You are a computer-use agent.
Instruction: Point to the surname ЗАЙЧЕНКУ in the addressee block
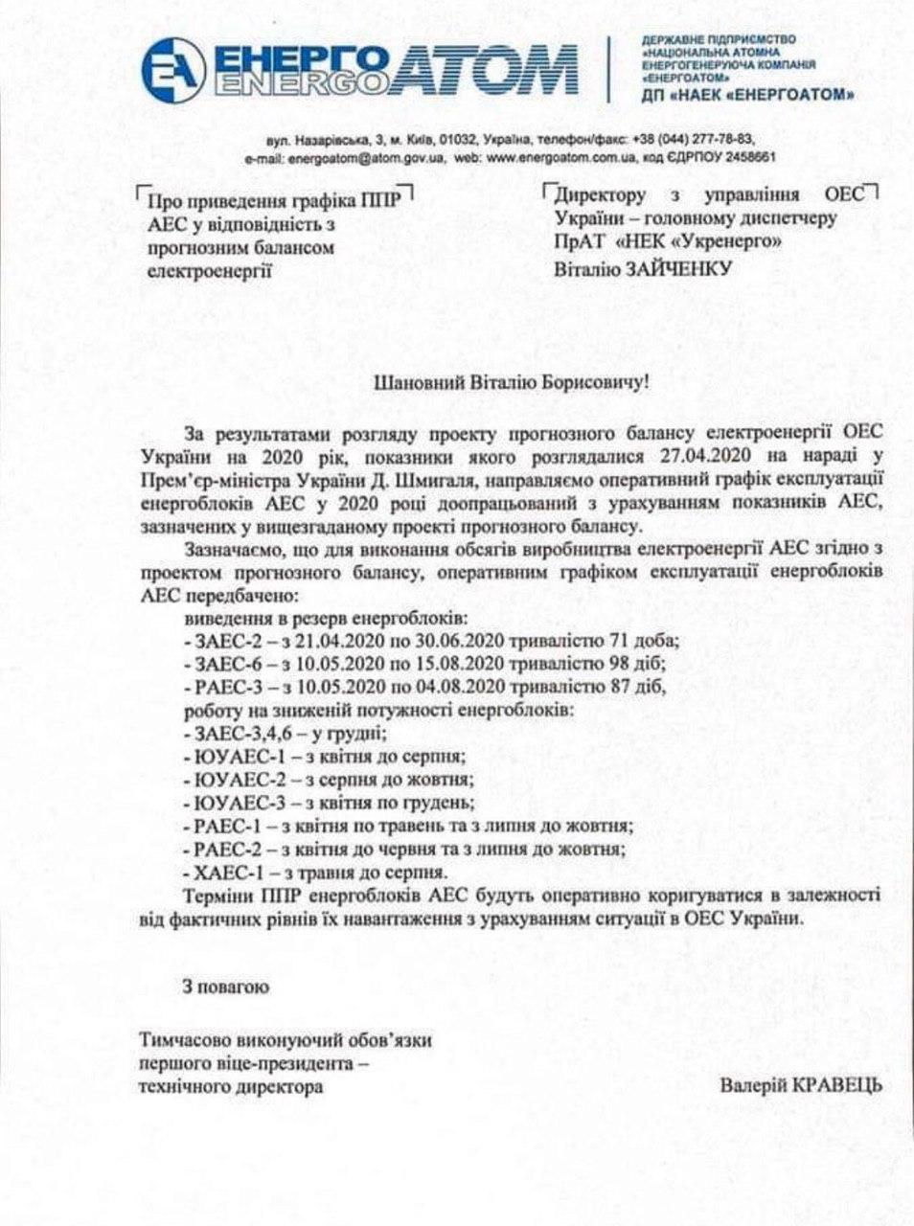[680, 269]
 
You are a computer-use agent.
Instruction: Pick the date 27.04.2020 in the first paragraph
[708, 454]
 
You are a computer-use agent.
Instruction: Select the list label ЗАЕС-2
[223, 641]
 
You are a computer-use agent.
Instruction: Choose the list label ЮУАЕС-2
[234, 780]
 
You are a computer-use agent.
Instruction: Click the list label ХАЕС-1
[223, 872]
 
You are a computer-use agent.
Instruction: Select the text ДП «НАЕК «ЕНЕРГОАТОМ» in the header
[745, 95]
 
